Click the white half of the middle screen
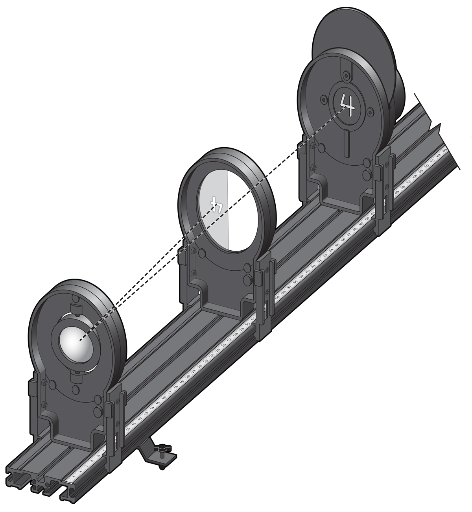click(242, 213)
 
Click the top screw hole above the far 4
click(346, 75)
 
